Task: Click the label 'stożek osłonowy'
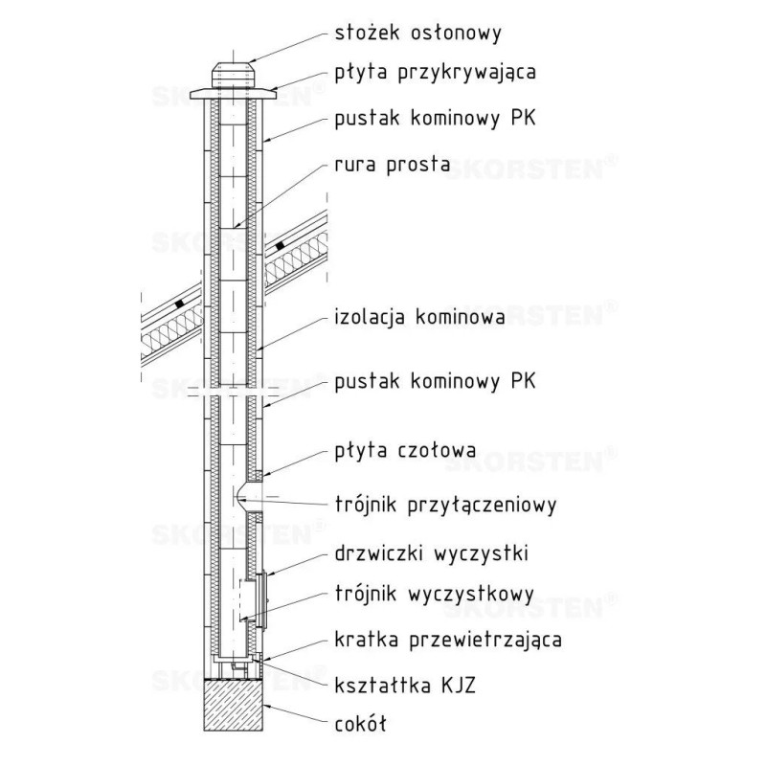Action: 417,33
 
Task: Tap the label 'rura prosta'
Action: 392,164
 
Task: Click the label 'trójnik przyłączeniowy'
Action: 445,502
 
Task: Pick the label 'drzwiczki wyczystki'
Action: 433,553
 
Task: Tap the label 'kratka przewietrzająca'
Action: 447,637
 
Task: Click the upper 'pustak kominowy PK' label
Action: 435,120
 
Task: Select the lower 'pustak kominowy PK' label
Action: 435,382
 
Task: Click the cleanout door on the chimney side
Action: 259,599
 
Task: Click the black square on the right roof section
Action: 279,246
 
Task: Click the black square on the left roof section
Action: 179,306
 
